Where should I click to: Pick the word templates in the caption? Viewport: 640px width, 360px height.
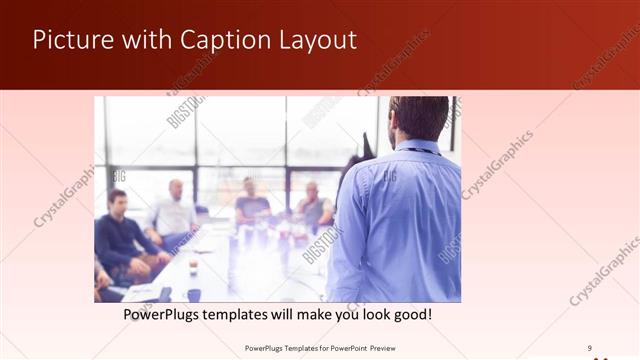262,315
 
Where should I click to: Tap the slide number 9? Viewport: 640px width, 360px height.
590,347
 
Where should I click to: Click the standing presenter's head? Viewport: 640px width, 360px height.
417,116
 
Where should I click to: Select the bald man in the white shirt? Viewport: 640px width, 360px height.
175,210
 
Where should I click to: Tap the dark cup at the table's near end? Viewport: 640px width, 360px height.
194,294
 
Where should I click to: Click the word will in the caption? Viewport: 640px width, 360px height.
312,315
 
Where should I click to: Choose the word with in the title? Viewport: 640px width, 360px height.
148,40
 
